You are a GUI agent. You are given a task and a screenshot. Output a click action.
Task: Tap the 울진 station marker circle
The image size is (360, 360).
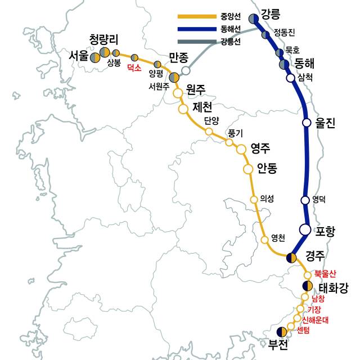[x=307, y=122]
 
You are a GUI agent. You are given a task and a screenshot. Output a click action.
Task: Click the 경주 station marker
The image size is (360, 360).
[x=291, y=258]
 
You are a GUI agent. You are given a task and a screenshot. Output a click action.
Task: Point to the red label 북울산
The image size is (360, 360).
[x=325, y=274]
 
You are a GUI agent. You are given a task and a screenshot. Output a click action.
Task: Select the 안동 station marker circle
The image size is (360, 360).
[x=247, y=169]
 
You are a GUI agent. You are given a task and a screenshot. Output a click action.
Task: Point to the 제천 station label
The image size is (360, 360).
[x=201, y=107]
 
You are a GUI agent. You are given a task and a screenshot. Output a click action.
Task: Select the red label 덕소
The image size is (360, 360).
[x=133, y=67]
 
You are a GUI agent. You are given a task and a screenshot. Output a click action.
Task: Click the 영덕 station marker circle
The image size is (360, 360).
[x=305, y=200]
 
